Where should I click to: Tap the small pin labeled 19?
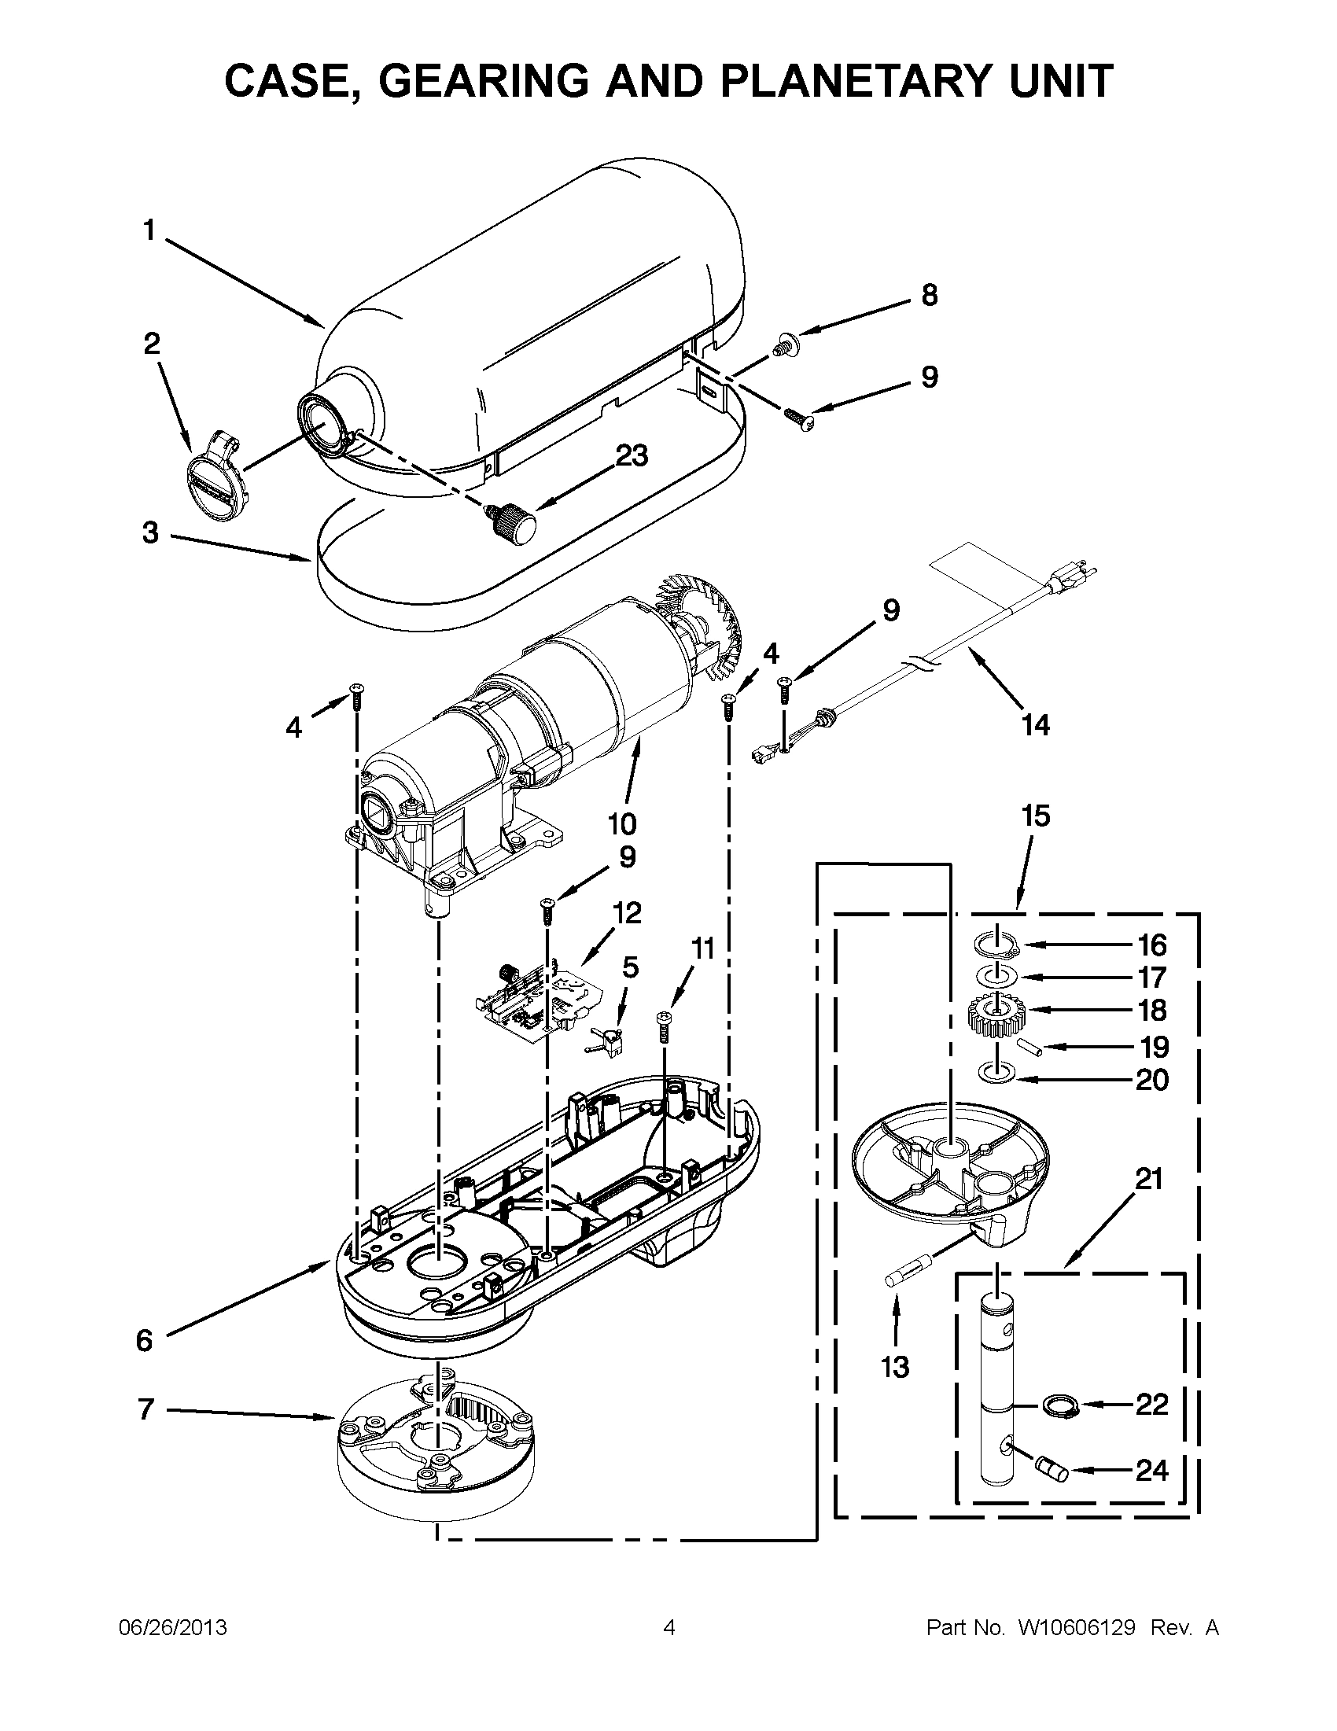pos(1030,1046)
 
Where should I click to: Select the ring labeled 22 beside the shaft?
pos(1056,1406)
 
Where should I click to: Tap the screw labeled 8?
pos(784,345)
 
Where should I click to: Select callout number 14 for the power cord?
pos(1035,724)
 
